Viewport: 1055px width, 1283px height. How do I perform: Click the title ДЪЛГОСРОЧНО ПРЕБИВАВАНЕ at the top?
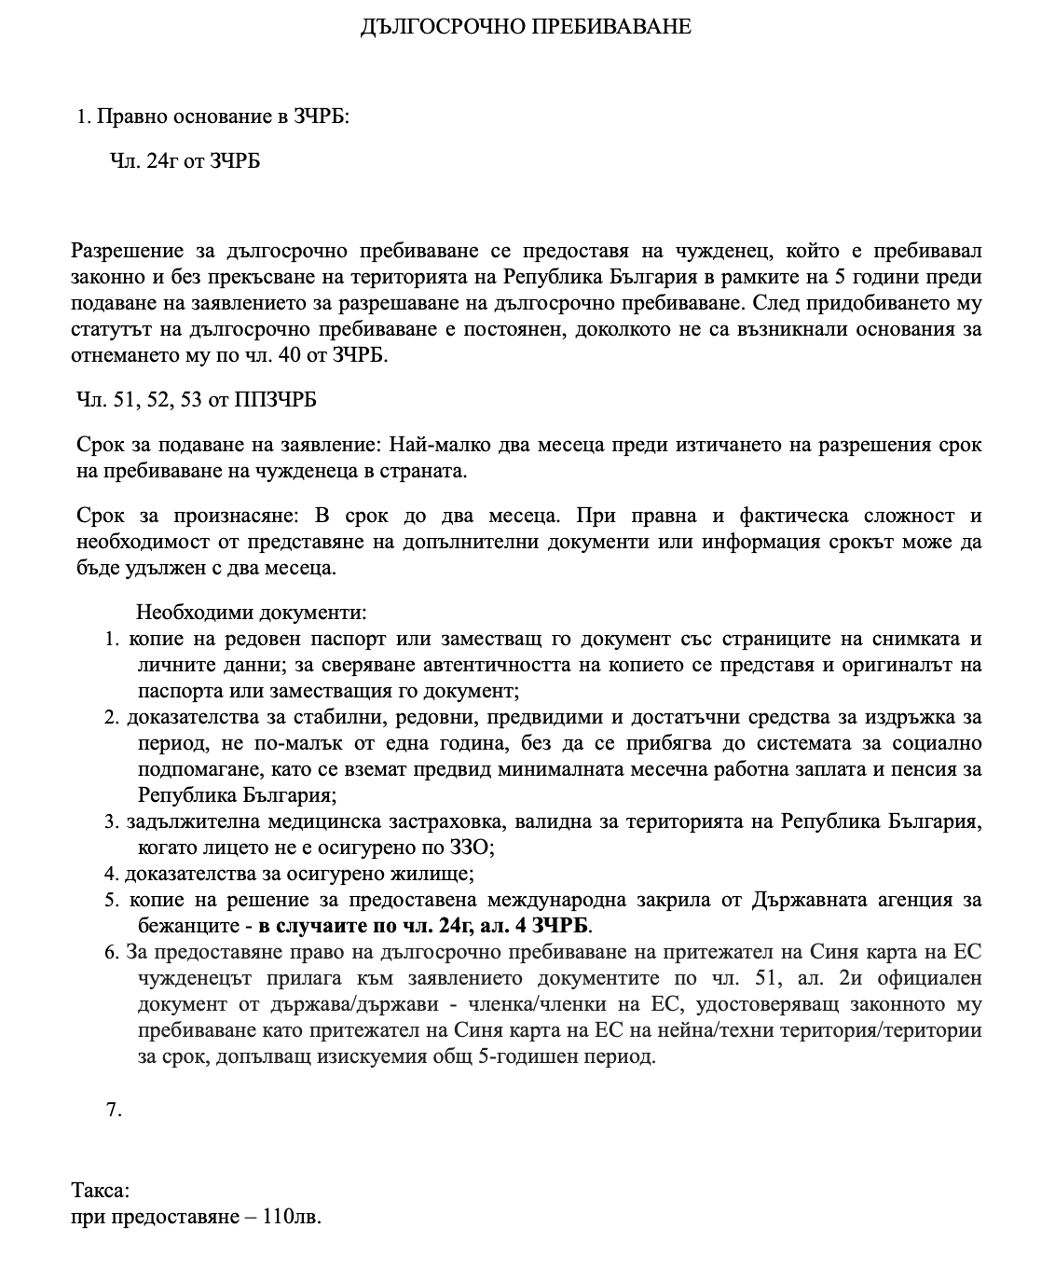[x=526, y=27]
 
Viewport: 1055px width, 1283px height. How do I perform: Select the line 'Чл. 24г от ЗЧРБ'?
[x=185, y=162]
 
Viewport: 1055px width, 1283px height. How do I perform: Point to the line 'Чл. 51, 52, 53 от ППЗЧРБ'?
[x=197, y=400]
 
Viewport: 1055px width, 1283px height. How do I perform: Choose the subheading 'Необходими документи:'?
[x=252, y=613]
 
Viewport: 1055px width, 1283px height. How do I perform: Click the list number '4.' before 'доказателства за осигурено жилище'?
[x=112, y=875]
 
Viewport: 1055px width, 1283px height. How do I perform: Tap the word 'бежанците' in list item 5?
[x=185, y=926]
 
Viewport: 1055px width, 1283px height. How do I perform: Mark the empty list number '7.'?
[x=115, y=1111]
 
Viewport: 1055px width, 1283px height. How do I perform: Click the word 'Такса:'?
[x=101, y=1191]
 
